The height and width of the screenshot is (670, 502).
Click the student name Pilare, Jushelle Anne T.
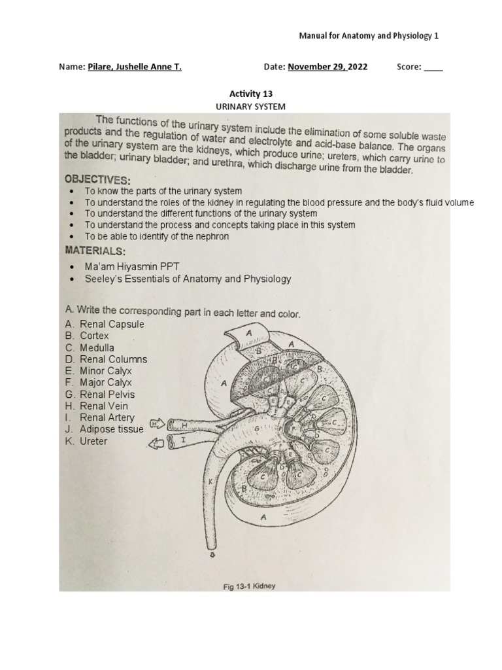pyautogui.click(x=134, y=67)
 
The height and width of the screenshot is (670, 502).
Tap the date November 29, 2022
pyautogui.click(x=327, y=67)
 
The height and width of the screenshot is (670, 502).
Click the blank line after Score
pyautogui.click(x=433, y=67)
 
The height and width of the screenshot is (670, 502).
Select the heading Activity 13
pyautogui.click(x=251, y=94)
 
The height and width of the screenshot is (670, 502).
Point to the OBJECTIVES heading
pyautogui.click(x=97, y=179)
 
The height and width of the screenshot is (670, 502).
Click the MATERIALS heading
pyautogui.click(x=95, y=251)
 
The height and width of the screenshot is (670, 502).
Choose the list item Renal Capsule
pyautogui.click(x=112, y=324)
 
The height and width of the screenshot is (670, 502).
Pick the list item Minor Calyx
pyautogui.click(x=105, y=371)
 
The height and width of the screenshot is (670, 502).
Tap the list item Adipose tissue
pyautogui.click(x=111, y=429)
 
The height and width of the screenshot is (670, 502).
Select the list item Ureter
pyautogui.click(x=93, y=441)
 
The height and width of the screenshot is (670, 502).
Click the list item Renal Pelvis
pyautogui.click(x=107, y=395)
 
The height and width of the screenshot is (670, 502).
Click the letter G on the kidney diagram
pyautogui.click(x=258, y=429)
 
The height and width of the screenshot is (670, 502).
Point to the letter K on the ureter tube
pyautogui.click(x=210, y=482)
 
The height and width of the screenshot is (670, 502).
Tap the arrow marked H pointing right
pyautogui.click(x=156, y=423)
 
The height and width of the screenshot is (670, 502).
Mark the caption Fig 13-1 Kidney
pyautogui.click(x=250, y=586)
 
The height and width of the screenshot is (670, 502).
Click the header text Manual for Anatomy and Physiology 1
pyautogui.click(x=369, y=35)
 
